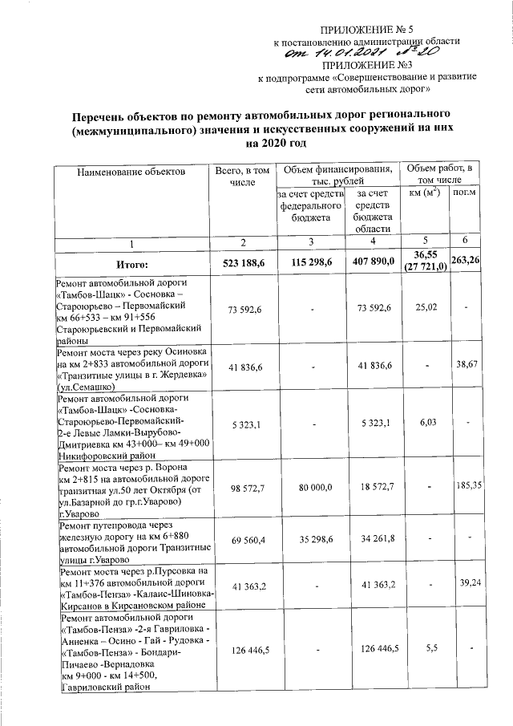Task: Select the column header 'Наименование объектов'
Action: (131, 172)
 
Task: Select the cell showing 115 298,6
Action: (310, 262)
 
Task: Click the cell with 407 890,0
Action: (375, 262)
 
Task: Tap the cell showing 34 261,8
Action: (375, 538)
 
